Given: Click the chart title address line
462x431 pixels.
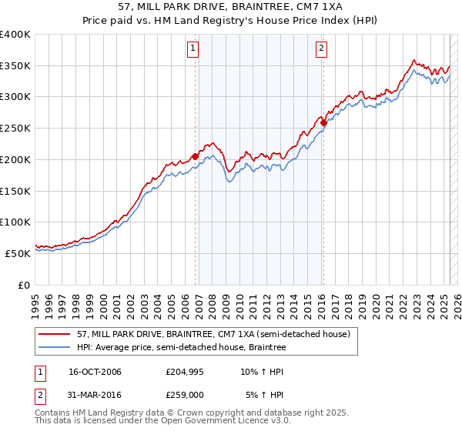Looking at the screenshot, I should coord(230,6).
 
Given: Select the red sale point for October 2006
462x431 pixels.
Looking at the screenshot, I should coord(196,156).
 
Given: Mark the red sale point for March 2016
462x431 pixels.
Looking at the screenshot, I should coord(324,122).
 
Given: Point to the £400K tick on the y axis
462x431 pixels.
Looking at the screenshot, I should coord(15,35).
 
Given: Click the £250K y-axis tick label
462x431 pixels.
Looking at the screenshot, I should coord(15,129).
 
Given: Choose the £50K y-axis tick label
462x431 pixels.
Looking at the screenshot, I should coord(18,253).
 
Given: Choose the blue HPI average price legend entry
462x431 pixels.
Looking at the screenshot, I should coord(181,348).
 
